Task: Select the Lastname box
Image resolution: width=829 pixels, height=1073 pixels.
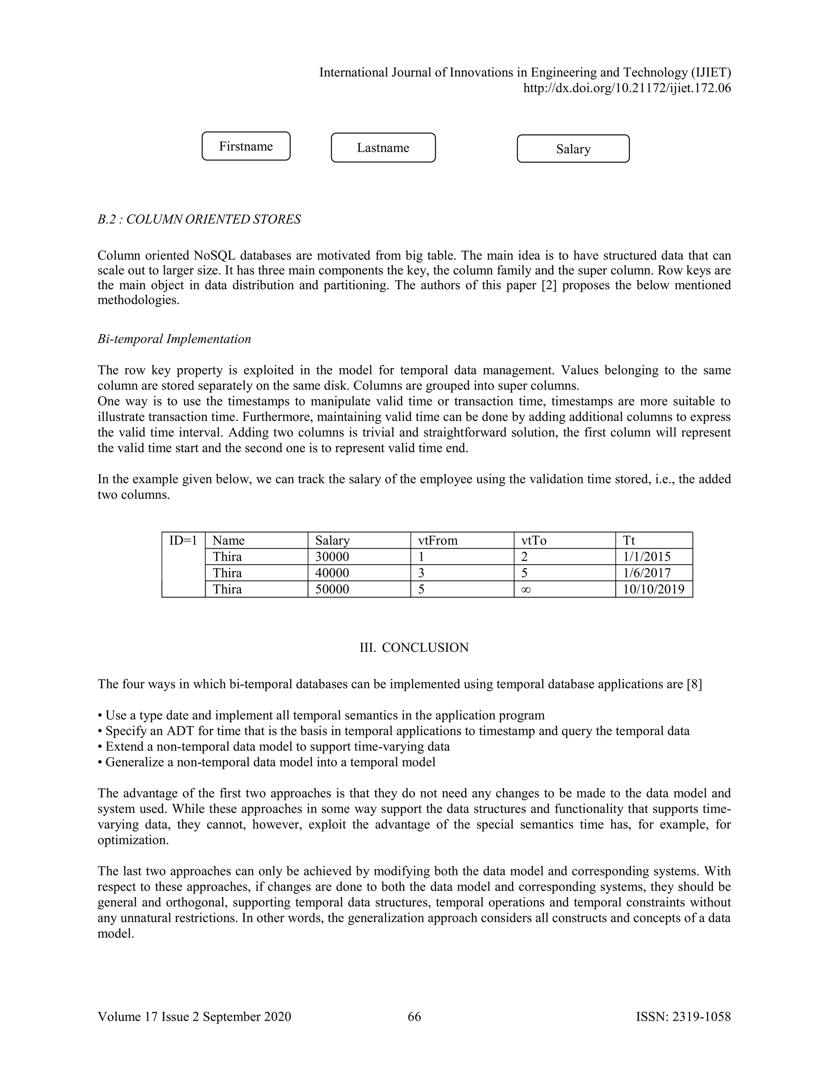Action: [x=383, y=147]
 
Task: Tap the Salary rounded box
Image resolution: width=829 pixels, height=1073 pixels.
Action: [x=573, y=149]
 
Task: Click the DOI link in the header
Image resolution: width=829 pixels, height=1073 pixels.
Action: [x=627, y=88]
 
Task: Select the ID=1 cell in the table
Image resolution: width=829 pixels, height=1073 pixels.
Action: [x=183, y=541]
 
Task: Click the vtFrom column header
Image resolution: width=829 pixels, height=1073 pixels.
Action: [x=438, y=541]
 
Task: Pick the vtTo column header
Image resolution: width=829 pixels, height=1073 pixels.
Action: [x=534, y=541]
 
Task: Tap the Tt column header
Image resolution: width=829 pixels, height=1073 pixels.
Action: [x=629, y=541]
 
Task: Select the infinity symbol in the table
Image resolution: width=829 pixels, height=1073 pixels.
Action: [x=525, y=590]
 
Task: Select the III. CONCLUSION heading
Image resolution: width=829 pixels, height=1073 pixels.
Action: [x=414, y=647]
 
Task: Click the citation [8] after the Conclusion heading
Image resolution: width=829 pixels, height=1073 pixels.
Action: [x=695, y=684]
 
